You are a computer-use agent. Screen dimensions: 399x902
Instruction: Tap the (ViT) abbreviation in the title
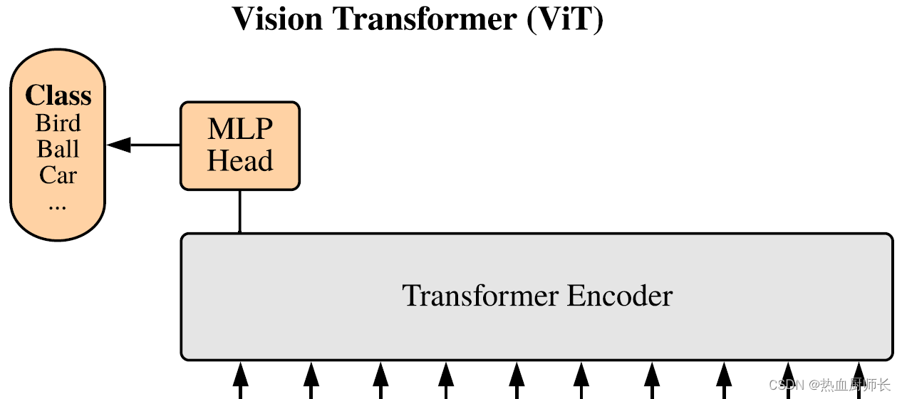(x=565, y=19)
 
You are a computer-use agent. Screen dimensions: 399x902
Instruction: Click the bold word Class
(x=58, y=95)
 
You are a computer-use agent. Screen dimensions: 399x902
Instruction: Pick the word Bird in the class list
(x=58, y=123)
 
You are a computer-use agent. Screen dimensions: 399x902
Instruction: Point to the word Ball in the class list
(x=58, y=150)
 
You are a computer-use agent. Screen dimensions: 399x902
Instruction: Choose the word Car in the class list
(x=58, y=175)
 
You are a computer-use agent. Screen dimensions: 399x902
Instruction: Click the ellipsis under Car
(x=58, y=205)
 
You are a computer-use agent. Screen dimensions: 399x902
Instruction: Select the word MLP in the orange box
(x=240, y=130)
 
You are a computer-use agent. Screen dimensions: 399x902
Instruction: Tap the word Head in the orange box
(x=240, y=161)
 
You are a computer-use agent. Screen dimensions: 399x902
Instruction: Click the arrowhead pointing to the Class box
(x=119, y=145)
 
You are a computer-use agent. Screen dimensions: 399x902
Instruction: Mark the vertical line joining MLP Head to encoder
(x=239, y=212)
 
